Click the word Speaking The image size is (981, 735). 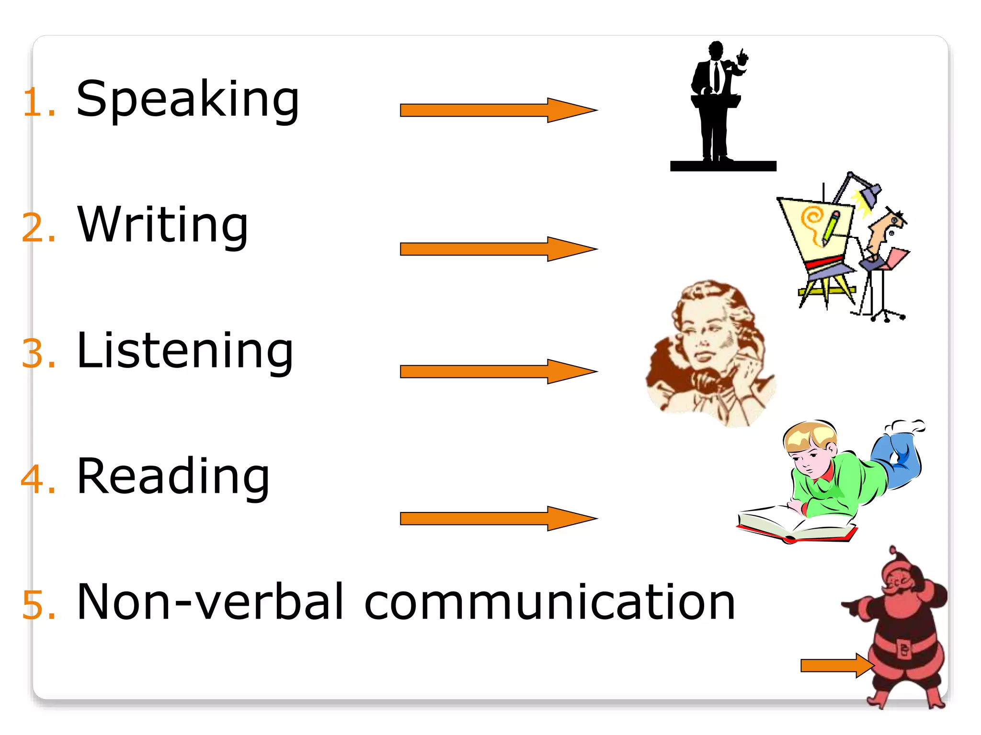tap(188, 100)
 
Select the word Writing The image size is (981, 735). tap(163, 225)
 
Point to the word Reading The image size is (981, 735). tap(173, 477)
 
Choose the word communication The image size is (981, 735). tap(549, 602)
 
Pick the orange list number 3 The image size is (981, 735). tap(38, 354)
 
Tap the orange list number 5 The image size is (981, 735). tap(38, 605)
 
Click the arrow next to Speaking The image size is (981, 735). tap(498, 111)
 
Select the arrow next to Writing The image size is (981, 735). tap(498, 249)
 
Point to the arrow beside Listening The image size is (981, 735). tap(498, 371)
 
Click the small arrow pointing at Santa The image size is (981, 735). tap(836, 665)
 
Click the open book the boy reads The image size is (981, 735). tap(795, 524)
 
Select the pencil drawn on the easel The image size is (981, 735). tap(831, 228)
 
